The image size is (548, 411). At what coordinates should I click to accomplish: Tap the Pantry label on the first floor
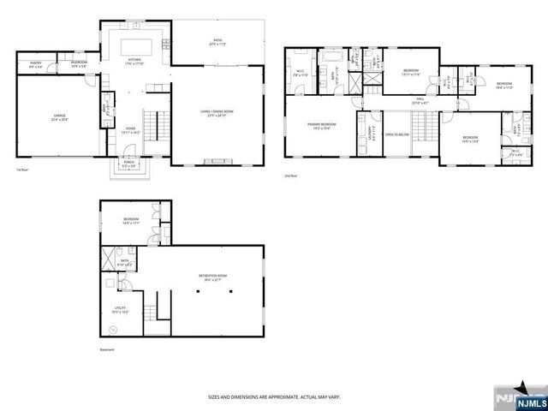pyautogui.click(x=36, y=63)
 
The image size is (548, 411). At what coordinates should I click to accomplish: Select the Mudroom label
pyautogui.click(x=79, y=63)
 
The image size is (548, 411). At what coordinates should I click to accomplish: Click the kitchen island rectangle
pyautogui.click(x=135, y=45)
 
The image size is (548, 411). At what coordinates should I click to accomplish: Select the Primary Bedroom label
pyautogui.click(x=322, y=125)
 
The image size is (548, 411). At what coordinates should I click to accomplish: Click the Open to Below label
pyautogui.click(x=395, y=134)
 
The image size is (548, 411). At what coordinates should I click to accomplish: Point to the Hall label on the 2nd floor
pyautogui.click(x=420, y=100)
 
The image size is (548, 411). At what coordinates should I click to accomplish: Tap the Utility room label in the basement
pyautogui.click(x=119, y=308)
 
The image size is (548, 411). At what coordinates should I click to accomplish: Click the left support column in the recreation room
pyautogui.click(x=197, y=292)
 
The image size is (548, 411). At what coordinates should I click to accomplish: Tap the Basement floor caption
pyautogui.click(x=107, y=349)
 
